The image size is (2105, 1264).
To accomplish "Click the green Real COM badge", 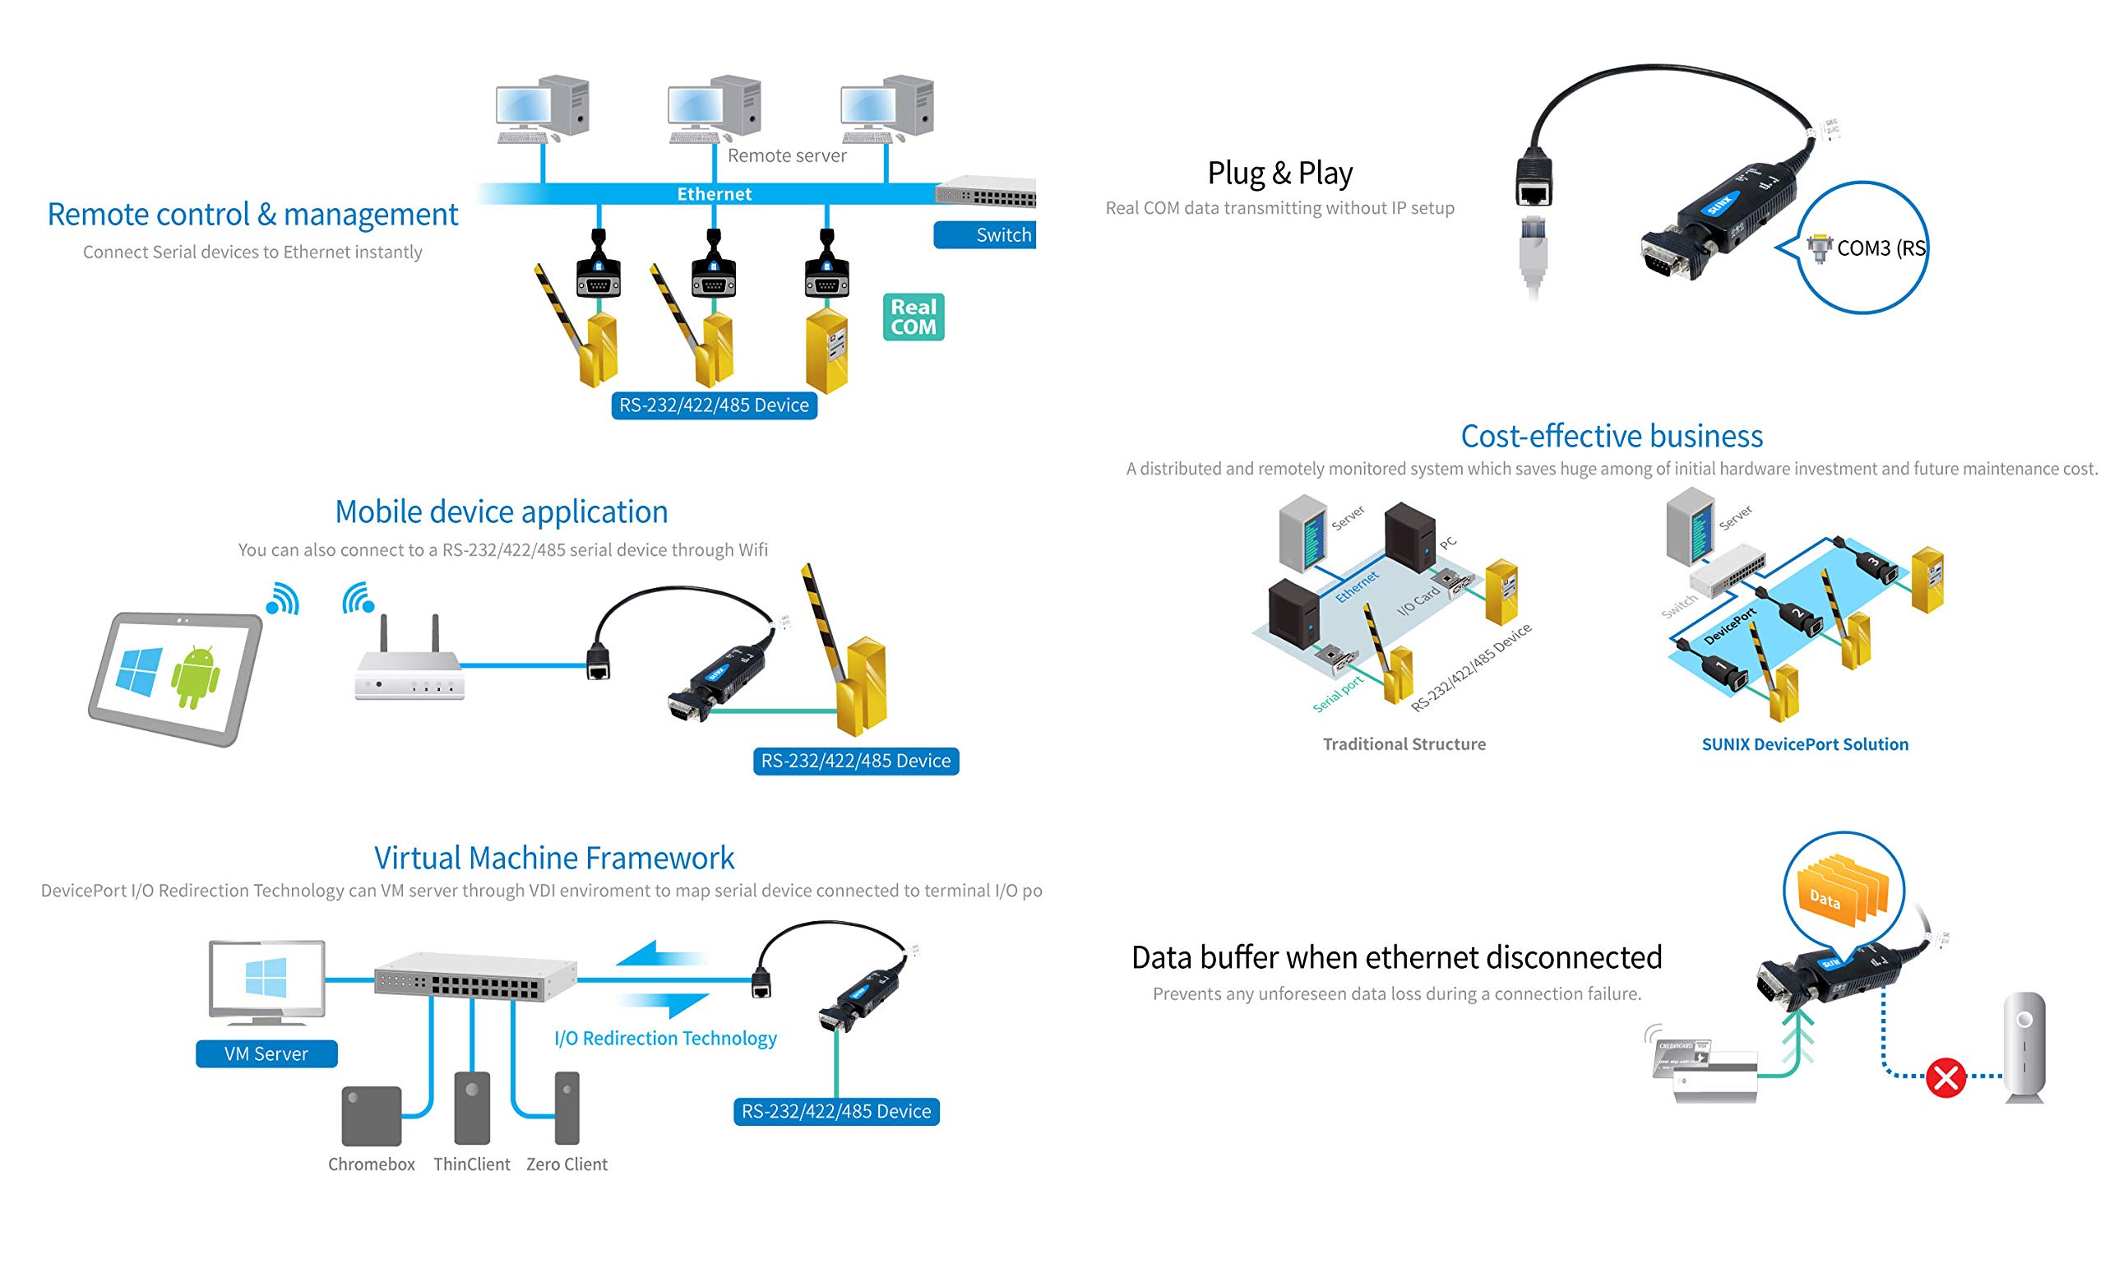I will [x=913, y=317].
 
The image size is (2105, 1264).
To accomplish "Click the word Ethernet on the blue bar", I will [x=714, y=194].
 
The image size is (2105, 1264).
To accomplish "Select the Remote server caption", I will [x=786, y=156].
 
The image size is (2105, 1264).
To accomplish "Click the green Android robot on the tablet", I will [x=195, y=676].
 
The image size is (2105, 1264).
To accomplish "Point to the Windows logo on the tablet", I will [x=139, y=671].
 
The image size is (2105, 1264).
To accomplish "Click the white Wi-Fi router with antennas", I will [x=409, y=669].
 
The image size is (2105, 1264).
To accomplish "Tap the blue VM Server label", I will [x=266, y=1053].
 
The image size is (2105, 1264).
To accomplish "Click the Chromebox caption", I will [x=372, y=1164].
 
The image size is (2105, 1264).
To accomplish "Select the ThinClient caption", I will [x=471, y=1164].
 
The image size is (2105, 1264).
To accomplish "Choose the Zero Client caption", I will [x=567, y=1164].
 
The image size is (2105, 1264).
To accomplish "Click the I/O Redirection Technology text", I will [x=665, y=1039].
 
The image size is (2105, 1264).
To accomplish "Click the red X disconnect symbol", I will [x=1945, y=1077].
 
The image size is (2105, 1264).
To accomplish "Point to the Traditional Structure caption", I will [x=1404, y=743].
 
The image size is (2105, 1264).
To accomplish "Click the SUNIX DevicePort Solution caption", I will [x=1804, y=743].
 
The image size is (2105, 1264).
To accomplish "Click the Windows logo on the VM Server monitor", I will [x=266, y=976].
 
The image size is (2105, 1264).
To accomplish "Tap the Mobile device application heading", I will [x=501, y=512].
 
